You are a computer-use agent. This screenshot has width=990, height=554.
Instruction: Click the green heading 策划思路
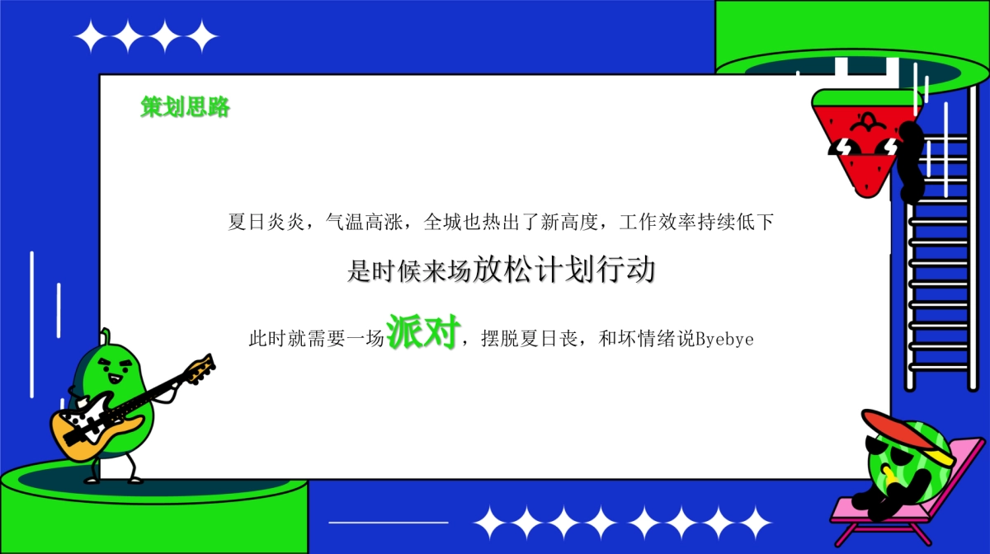click(185, 107)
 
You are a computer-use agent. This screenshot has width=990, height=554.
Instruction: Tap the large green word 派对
click(422, 331)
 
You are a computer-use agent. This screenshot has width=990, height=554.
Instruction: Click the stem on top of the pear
click(106, 336)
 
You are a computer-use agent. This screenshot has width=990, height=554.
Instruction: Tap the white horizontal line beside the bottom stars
click(388, 522)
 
